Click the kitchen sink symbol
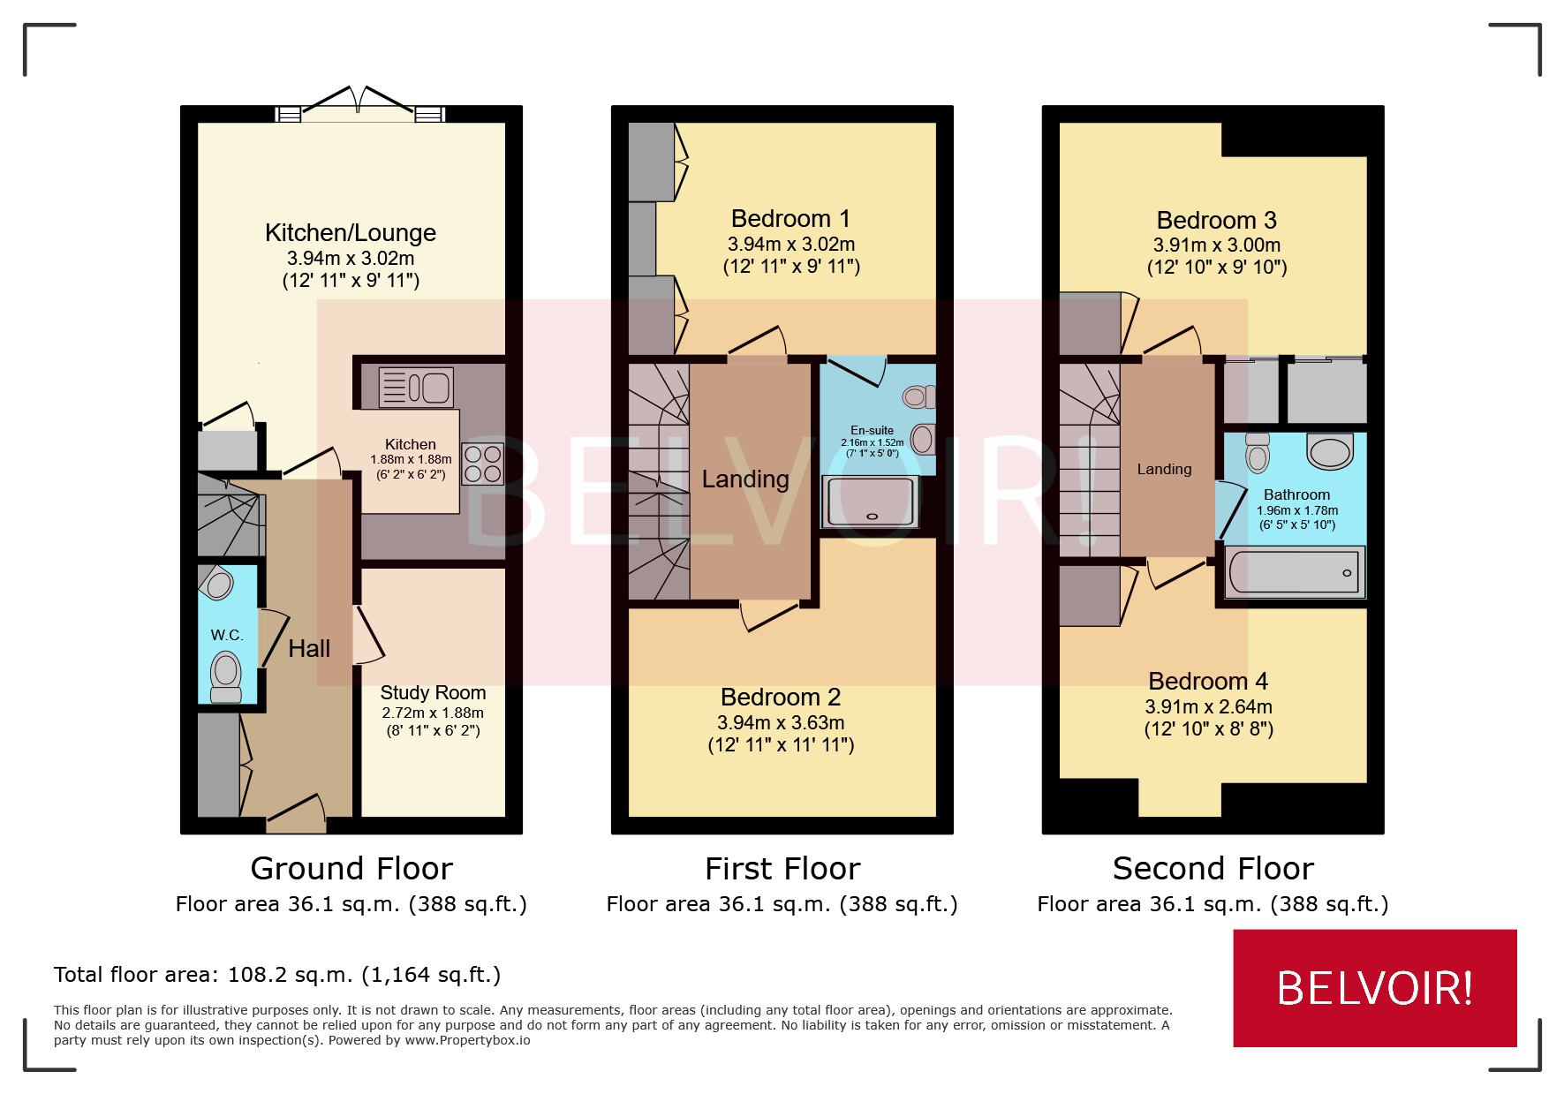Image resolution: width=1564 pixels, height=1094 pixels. point(416,387)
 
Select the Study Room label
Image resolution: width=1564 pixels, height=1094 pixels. point(433,693)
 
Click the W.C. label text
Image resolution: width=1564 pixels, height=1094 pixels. point(227,635)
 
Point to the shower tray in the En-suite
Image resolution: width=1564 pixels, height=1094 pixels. point(870,502)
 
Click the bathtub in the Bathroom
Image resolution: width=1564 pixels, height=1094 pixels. point(1295,572)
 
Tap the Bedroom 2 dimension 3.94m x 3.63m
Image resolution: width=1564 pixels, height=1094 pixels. point(781,723)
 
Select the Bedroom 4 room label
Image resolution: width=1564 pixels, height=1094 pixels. point(1207,682)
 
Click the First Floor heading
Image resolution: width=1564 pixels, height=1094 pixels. point(782,869)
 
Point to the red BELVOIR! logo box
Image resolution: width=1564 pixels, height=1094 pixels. point(1374,988)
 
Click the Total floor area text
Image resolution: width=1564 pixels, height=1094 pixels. point(277,975)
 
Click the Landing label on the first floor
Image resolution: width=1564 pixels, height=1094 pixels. point(745,479)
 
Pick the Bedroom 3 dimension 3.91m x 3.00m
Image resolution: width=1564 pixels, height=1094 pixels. point(1216,245)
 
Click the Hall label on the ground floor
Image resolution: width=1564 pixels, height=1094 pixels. point(309,649)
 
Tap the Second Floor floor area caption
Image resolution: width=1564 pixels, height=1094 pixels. point(1212,904)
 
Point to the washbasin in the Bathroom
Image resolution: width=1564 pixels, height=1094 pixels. point(1330,451)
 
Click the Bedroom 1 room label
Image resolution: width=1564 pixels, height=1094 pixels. point(790,219)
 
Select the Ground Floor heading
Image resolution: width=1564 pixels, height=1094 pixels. point(351,869)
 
